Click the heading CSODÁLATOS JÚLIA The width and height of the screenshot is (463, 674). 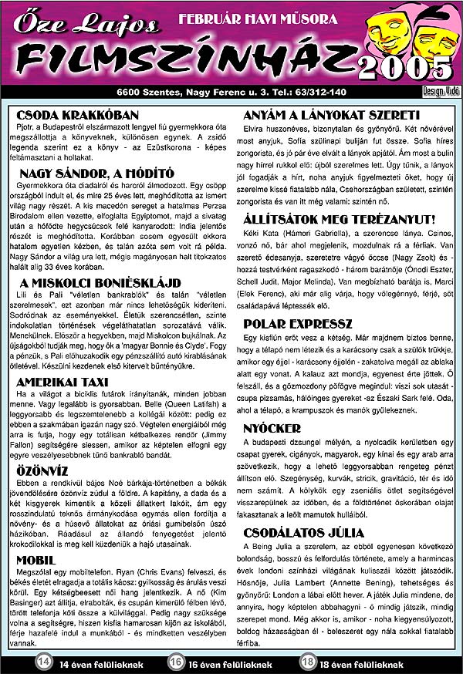coord(303,532)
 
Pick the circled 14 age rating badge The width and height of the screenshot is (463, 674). coord(45,662)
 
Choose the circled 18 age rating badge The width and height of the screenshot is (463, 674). coord(308,662)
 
